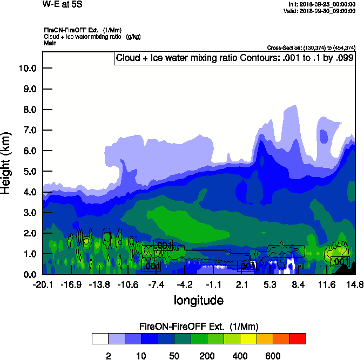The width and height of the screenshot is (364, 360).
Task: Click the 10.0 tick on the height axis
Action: coord(27,68)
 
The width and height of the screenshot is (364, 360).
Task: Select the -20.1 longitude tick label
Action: coord(43,284)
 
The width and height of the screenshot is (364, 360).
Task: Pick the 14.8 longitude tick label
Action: coord(354,284)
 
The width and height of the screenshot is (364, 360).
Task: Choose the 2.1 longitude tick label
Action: coord(241,284)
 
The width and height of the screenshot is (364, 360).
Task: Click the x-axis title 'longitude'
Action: coord(198,300)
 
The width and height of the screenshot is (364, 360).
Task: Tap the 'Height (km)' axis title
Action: coord(6,162)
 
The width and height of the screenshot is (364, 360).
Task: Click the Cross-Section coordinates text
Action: coord(311,48)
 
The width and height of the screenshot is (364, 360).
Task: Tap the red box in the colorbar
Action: coord(298,339)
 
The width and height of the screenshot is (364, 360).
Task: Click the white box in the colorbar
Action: coord(100,339)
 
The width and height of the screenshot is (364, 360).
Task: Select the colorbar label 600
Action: coord(273,356)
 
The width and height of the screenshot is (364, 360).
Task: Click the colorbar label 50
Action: coord(174,356)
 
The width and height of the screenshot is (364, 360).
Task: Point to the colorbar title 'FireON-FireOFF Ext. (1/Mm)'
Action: coord(199,327)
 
